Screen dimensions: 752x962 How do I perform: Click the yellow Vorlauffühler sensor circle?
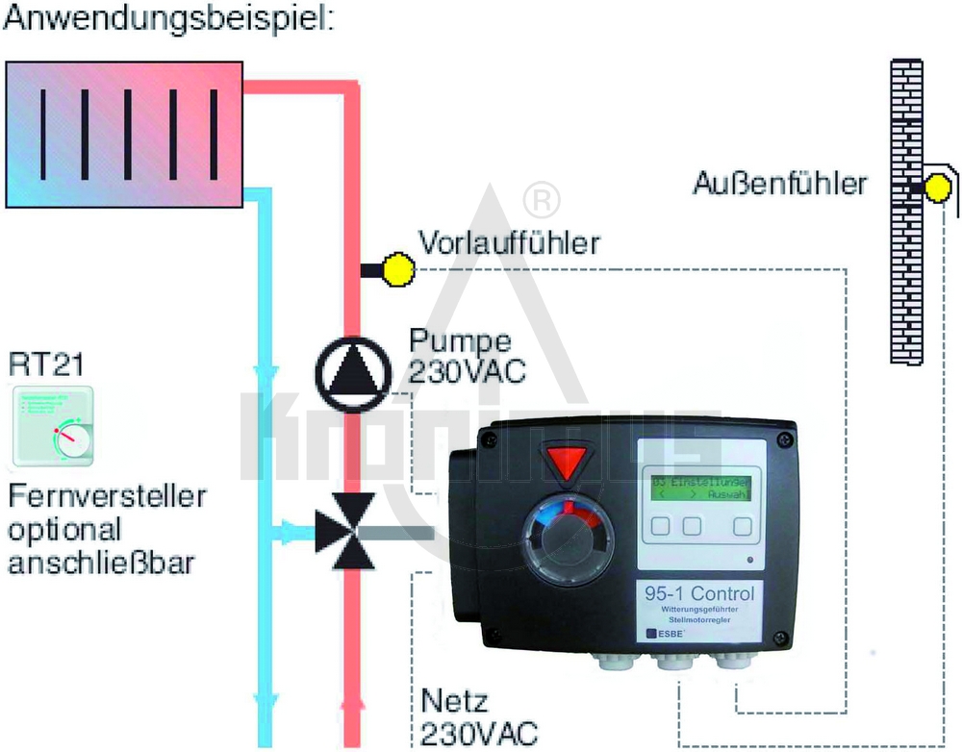click(x=396, y=270)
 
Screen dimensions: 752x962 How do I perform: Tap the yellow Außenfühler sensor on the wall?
click(x=934, y=188)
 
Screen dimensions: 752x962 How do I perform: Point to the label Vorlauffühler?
click(x=507, y=243)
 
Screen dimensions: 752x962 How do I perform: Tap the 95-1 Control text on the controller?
click(x=697, y=592)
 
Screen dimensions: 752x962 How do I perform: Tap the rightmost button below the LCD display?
click(x=742, y=526)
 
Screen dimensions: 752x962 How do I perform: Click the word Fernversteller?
click(x=107, y=497)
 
